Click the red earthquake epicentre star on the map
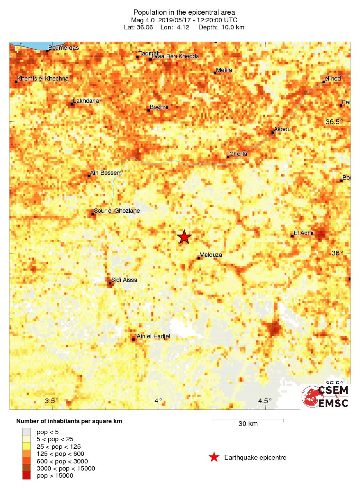click(184, 237)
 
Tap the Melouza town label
click(211, 255)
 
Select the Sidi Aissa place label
click(124, 280)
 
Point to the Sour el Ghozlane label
click(117, 211)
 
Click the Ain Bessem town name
click(106, 173)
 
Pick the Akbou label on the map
click(282, 129)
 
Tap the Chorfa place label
click(238, 154)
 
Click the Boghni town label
click(159, 107)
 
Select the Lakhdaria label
click(86, 101)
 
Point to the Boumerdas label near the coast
click(63, 48)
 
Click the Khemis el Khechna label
click(43, 79)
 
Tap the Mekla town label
click(224, 70)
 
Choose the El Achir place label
click(304, 233)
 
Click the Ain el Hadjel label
click(153, 336)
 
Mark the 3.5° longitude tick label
click(52, 401)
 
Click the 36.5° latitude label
click(334, 122)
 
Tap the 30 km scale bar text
click(248, 424)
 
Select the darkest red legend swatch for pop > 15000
click(27, 475)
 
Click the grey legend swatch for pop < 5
click(27, 432)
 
